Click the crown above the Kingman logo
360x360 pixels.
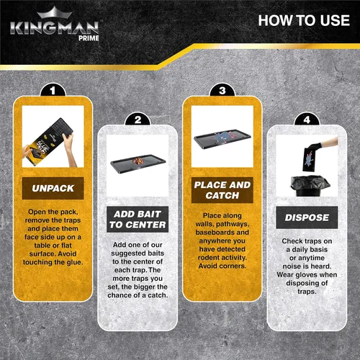pyautogui.click(x=55, y=12)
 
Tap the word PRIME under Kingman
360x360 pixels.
pyautogui.click(x=89, y=38)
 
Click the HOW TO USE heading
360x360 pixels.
pyautogui.click(x=304, y=20)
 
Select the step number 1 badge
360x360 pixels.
pyautogui.click(x=53, y=90)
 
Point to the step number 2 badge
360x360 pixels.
pyautogui.click(x=138, y=120)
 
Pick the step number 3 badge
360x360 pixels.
pyautogui.click(x=222, y=90)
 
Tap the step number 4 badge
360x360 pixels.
pyautogui.click(x=307, y=120)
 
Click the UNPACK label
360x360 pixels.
pyautogui.click(x=53, y=188)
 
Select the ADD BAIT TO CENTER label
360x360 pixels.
pyautogui.click(x=138, y=220)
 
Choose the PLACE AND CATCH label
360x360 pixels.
pyautogui.click(x=222, y=190)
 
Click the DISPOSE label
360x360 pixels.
pyautogui.click(x=307, y=217)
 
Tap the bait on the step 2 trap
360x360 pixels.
pyautogui.click(x=139, y=161)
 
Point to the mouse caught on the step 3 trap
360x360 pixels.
pyautogui.click(x=222, y=138)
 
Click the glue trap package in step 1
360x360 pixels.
pyautogui.click(x=49, y=142)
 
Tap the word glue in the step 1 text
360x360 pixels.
pyautogui.click(x=74, y=263)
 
